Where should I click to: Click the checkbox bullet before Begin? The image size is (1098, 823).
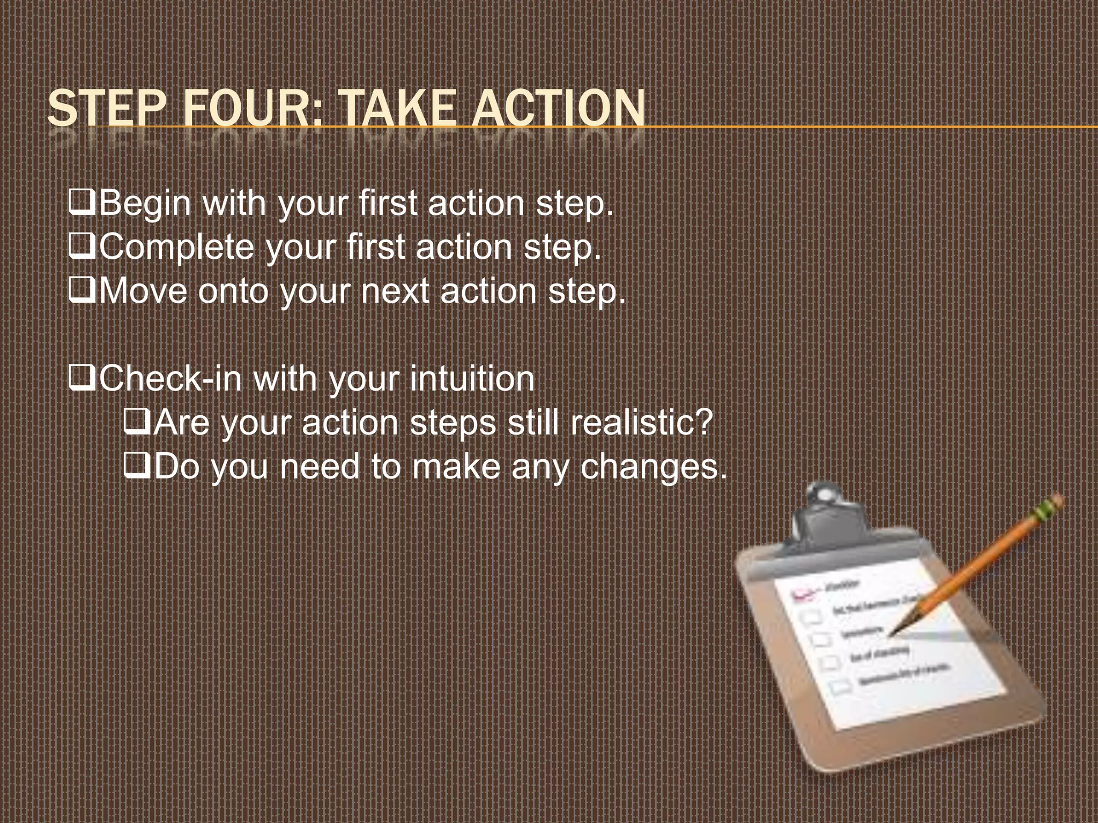[x=83, y=204]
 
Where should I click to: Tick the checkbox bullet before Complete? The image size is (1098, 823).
[x=83, y=248]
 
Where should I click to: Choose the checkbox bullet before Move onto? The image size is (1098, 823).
[x=83, y=291]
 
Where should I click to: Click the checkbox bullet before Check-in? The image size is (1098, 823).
[x=83, y=379]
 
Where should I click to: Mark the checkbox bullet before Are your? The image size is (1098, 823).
[x=137, y=423]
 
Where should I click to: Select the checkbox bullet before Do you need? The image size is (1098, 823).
[x=137, y=467]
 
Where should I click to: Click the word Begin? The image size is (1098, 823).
[x=145, y=205]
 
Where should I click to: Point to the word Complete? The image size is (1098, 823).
[x=177, y=248]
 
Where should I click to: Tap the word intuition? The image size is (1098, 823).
[x=472, y=379]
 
